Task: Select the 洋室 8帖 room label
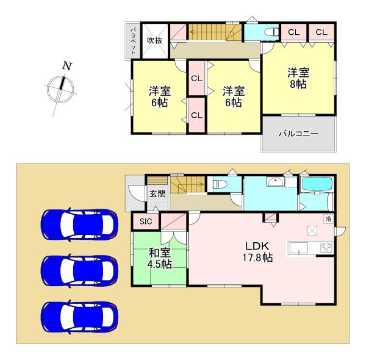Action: (x=299, y=77)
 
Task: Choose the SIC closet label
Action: (x=146, y=221)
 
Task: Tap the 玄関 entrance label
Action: (x=157, y=194)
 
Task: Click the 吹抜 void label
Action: (x=154, y=40)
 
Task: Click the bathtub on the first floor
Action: (x=318, y=184)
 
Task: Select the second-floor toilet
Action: (x=268, y=32)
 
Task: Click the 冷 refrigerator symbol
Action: (x=328, y=218)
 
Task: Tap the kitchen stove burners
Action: (x=326, y=248)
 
